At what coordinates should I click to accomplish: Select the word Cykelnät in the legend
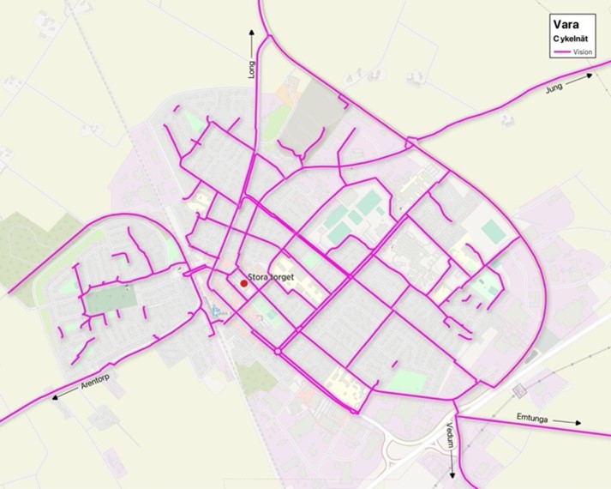(569, 39)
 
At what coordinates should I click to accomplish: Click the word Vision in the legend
(583, 52)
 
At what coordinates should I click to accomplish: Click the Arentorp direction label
(93, 386)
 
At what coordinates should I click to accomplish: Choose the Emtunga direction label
(534, 419)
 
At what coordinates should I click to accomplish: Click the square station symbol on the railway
(518, 389)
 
